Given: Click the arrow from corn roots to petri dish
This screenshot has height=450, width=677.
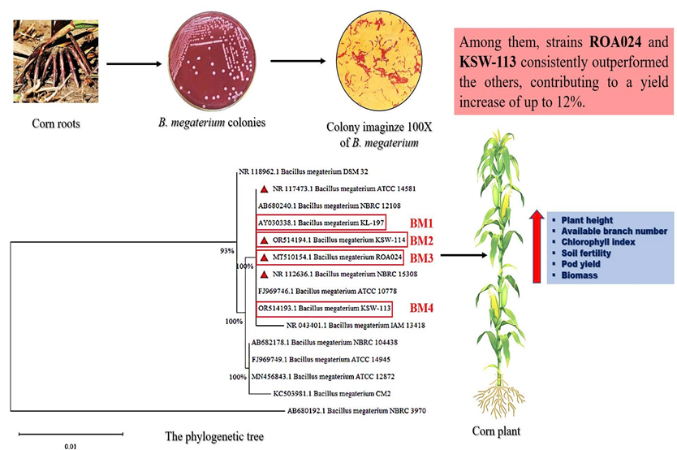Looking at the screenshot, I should [x=128, y=63].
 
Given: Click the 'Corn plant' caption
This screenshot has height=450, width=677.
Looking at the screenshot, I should [x=496, y=431].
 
